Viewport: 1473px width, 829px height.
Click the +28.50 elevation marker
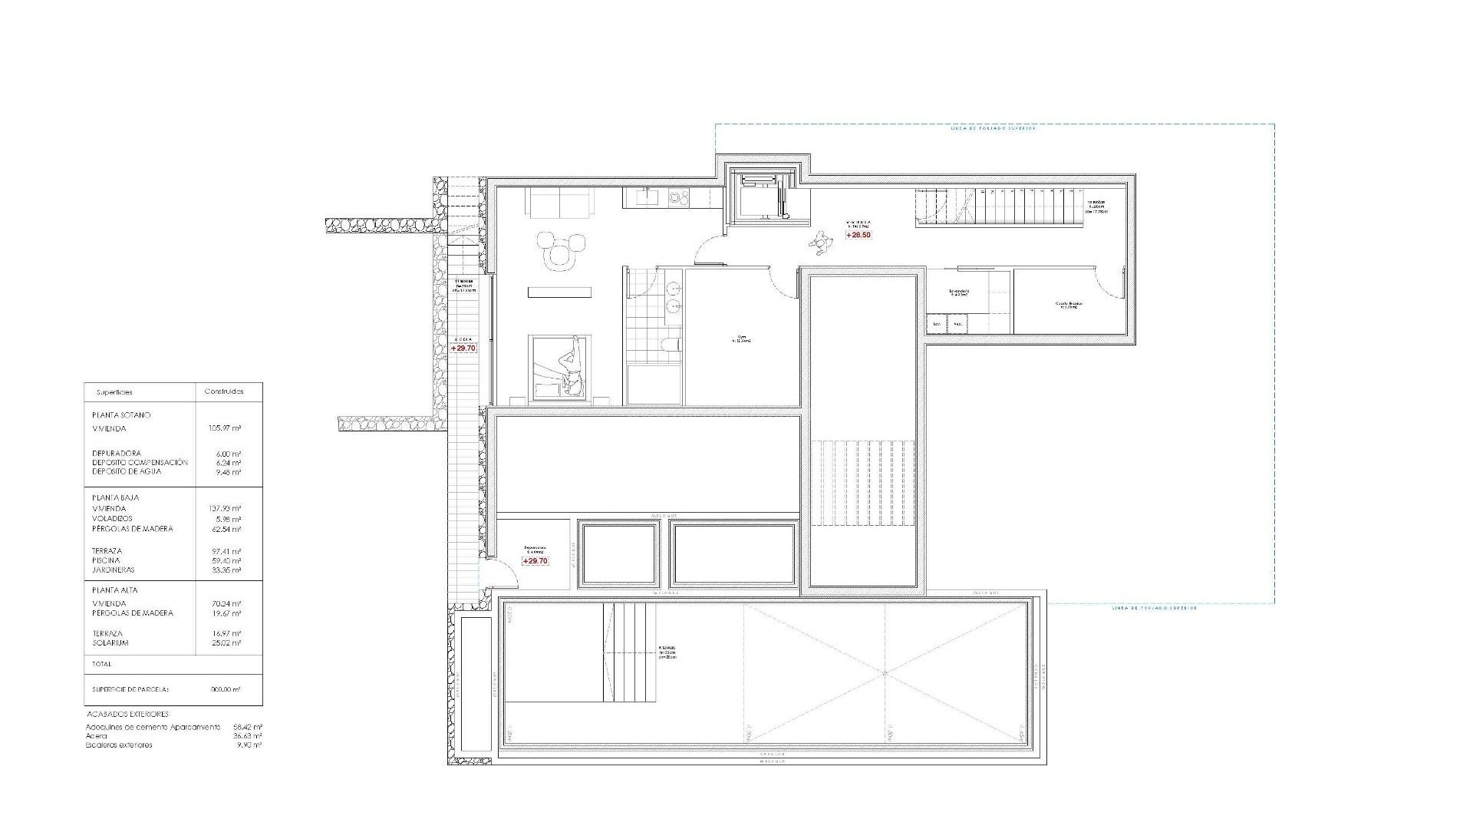point(858,235)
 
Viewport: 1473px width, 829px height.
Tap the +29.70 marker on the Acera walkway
point(463,348)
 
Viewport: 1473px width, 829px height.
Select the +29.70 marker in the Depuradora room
point(535,561)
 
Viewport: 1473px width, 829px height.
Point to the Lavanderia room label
point(959,292)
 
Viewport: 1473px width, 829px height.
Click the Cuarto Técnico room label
point(1068,305)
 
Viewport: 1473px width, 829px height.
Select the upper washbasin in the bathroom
point(673,288)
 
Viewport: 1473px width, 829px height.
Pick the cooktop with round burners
point(678,197)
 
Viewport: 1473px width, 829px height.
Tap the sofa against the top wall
point(559,203)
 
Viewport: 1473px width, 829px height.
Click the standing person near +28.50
point(822,244)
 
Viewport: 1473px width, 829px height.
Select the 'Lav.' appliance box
point(937,324)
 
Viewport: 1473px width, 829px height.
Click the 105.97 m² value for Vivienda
point(226,429)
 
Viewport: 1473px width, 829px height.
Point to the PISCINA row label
point(106,561)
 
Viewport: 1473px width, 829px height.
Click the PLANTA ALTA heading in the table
point(115,590)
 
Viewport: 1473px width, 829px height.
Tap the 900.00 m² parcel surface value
point(226,690)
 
